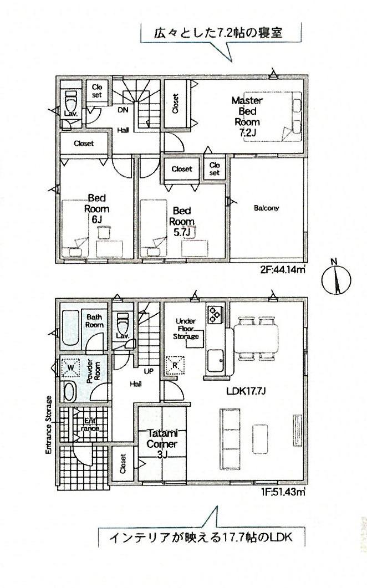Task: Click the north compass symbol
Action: pos(336,279)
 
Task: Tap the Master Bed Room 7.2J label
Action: pos(247,116)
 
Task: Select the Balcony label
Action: pos(266,208)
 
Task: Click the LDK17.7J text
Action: pos(246,391)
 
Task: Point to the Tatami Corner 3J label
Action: pos(162,444)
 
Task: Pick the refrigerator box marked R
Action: pos(175,365)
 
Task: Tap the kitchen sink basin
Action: pos(216,360)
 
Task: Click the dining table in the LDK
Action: pos(256,338)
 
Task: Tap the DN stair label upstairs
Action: pos(123,110)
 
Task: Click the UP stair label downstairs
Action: pos(149,371)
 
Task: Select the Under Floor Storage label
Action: pos(185,329)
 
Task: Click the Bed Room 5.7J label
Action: pos(182,222)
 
